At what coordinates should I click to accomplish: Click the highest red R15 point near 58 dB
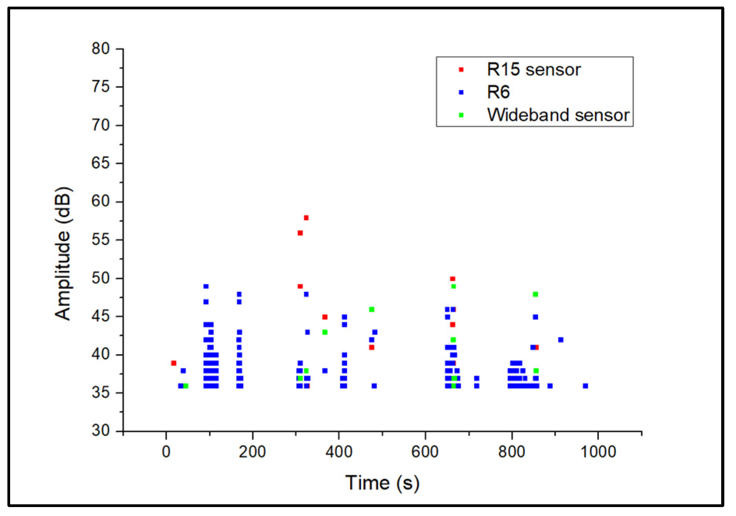(306, 218)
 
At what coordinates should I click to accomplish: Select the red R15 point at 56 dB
(300, 233)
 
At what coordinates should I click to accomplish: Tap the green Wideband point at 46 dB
(372, 310)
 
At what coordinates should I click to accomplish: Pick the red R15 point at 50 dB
(452, 279)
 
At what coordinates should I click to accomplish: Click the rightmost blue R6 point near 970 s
(585, 386)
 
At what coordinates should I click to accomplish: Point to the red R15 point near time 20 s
(174, 363)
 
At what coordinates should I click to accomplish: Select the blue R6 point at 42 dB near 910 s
(561, 340)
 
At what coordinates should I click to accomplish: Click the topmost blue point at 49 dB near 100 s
(206, 287)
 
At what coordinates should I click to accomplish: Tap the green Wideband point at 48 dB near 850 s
(535, 294)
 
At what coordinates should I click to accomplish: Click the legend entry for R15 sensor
(533, 70)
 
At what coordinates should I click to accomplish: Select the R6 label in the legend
(498, 92)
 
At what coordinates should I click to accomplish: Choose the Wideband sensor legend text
(558, 115)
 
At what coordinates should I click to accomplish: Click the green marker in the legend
(461, 115)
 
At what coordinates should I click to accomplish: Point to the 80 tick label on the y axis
(101, 49)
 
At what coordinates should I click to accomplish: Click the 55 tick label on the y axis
(101, 240)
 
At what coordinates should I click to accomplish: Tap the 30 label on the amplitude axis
(101, 430)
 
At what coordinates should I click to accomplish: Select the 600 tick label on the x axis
(425, 452)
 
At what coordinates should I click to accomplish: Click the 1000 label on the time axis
(598, 452)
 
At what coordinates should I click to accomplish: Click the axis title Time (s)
(382, 483)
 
